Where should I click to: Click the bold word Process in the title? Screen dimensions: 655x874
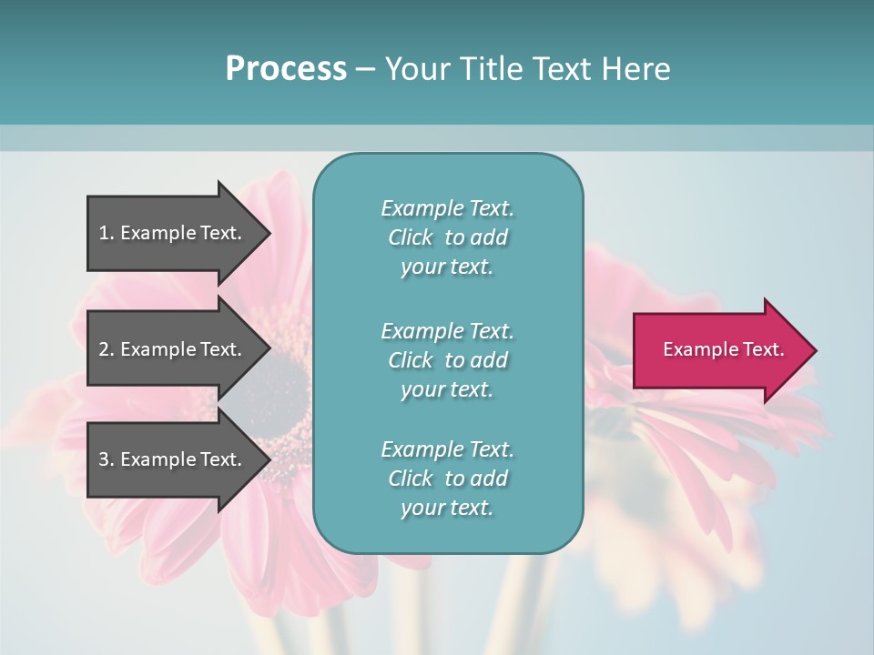[x=286, y=69]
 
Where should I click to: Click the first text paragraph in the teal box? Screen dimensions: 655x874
[x=447, y=237]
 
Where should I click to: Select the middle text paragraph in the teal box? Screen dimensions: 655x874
[x=447, y=359]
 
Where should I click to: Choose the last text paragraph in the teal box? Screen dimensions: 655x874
[x=447, y=479]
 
